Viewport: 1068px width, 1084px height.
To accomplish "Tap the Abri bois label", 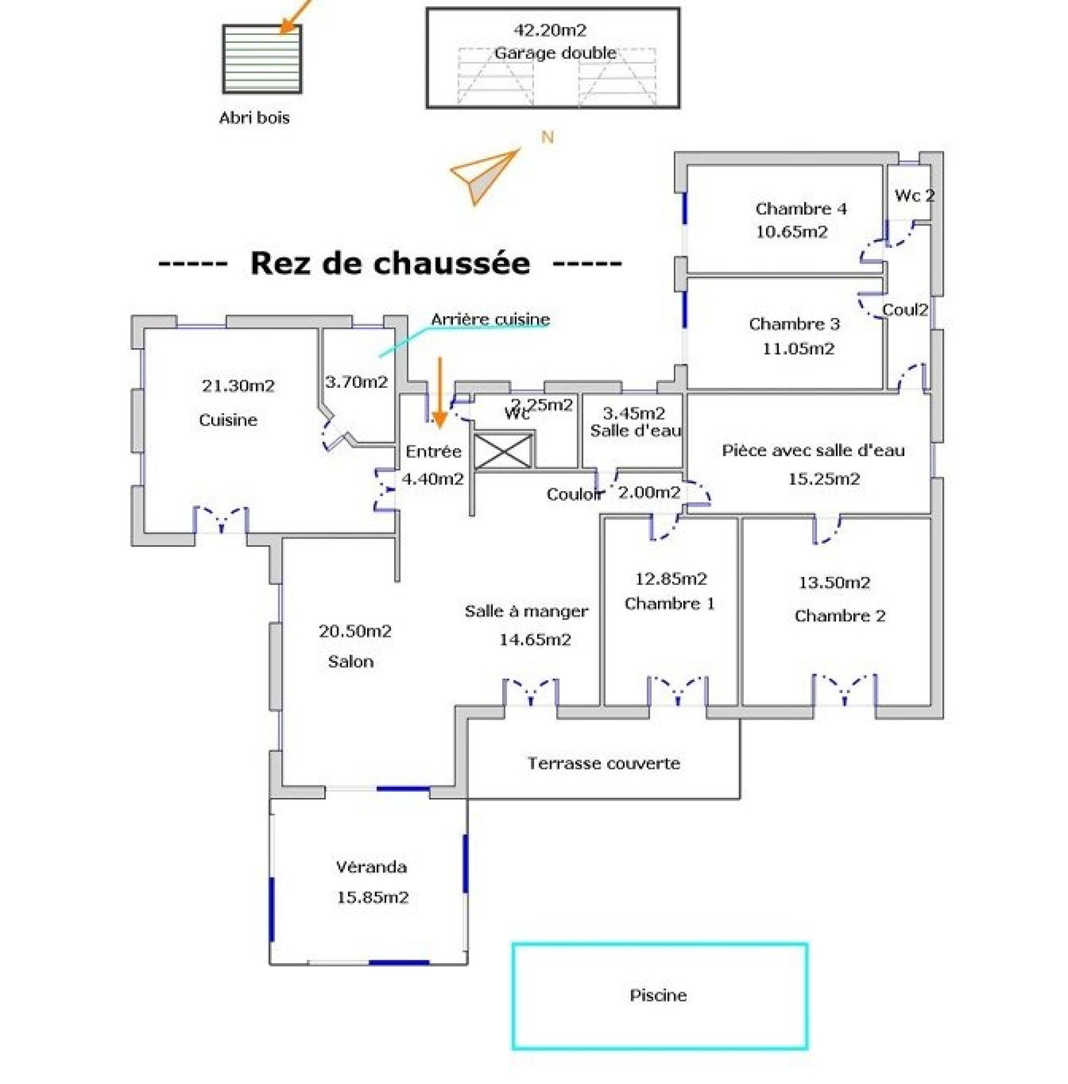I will (x=254, y=118).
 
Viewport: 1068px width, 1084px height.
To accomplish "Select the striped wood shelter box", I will (x=262, y=59).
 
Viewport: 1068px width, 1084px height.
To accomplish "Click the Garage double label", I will (x=555, y=53).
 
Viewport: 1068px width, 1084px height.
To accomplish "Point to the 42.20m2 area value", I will (x=550, y=30).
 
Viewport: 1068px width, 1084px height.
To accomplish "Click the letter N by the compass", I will (x=547, y=137).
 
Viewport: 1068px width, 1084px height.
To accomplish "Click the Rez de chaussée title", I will (x=390, y=263).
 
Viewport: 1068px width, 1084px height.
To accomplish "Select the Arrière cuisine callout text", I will (x=490, y=320).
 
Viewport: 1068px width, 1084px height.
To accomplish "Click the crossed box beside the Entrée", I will (x=503, y=451).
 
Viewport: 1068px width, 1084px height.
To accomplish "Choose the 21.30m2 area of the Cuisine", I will (x=238, y=386).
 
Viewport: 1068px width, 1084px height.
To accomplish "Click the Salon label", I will (x=351, y=662).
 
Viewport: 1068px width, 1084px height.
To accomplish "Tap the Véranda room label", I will (x=371, y=867).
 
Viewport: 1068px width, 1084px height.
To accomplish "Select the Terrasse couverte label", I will (x=604, y=764).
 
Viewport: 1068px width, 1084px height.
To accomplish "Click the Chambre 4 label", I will (x=801, y=209).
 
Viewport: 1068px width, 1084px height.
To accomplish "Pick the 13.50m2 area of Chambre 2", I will (x=834, y=583).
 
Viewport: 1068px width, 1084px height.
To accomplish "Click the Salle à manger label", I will (x=526, y=611).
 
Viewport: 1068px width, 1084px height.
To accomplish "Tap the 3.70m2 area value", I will (x=356, y=382).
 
